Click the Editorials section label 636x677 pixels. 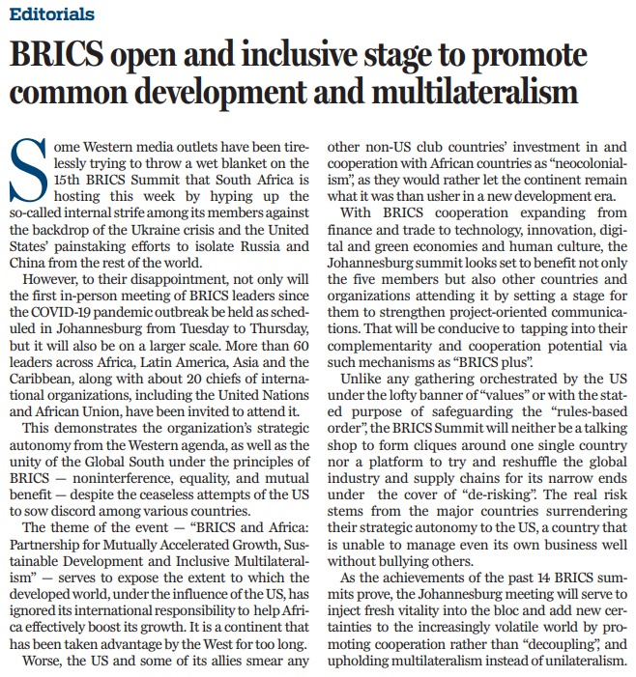(54, 14)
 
